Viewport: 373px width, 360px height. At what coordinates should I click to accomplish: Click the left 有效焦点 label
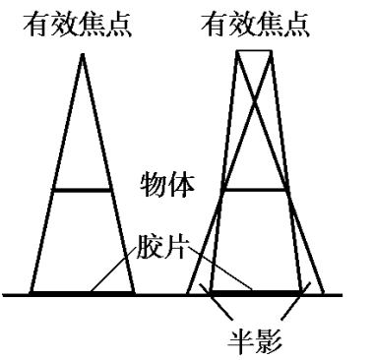click(x=78, y=25)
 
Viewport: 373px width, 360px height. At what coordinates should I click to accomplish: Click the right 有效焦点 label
click(x=255, y=25)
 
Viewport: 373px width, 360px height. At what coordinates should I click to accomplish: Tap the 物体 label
click(x=167, y=185)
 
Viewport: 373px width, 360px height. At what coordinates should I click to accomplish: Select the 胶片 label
click(x=161, y=247)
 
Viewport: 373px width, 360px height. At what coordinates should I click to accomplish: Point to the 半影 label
click(x=255, y=342)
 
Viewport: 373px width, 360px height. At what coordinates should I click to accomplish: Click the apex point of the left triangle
click(x=83, y=55)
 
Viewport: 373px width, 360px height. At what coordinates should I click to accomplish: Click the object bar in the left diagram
click(x=82, y=190)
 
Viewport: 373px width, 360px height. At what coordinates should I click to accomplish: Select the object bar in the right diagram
click(x=256, y=190)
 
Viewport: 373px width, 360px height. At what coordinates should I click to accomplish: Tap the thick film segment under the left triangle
click(x=82, y=293)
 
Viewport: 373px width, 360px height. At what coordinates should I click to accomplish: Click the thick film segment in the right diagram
click(x=256, y=292)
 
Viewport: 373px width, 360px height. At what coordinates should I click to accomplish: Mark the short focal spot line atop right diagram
click(x=254, y=51)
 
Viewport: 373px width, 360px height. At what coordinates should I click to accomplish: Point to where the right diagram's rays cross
click(x=255, y=100)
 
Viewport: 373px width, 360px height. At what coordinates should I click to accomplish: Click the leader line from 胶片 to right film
click(x=220, y=269)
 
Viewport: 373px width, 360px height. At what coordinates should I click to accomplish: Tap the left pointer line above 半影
click(x=217, y=300)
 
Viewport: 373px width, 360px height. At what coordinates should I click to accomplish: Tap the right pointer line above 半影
click(x=295, y=300)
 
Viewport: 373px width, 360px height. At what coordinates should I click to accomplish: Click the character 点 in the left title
click(x=119, y=25)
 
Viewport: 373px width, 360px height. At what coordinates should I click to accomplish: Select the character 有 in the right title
click(x=214, y=25)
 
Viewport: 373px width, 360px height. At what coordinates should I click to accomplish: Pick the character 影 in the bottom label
click(x=269, y=342)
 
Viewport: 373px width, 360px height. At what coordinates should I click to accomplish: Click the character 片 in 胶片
click(x=174, y=247)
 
